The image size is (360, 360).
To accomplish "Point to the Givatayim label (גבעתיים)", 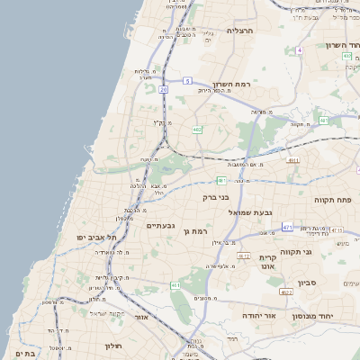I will [x=159, y=226].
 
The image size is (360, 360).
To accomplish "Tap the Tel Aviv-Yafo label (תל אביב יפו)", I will [x=93, y=237].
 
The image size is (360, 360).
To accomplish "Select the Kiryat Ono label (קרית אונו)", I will [x=267, y=261].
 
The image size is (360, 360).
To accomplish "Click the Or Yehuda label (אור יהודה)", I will [x=263, y=317].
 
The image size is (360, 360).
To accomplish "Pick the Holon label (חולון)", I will [x=112, y=346].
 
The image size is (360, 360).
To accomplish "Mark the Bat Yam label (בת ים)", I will [x=26, y=353].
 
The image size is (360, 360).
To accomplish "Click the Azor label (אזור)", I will [x=140, y=318].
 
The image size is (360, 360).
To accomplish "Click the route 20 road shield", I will [x=164, y=89].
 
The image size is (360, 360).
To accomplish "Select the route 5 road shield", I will [x=187, y=81].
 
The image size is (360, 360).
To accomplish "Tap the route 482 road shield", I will [x=197, y=130].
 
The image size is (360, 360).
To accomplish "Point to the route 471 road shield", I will [x=286, y=229].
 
